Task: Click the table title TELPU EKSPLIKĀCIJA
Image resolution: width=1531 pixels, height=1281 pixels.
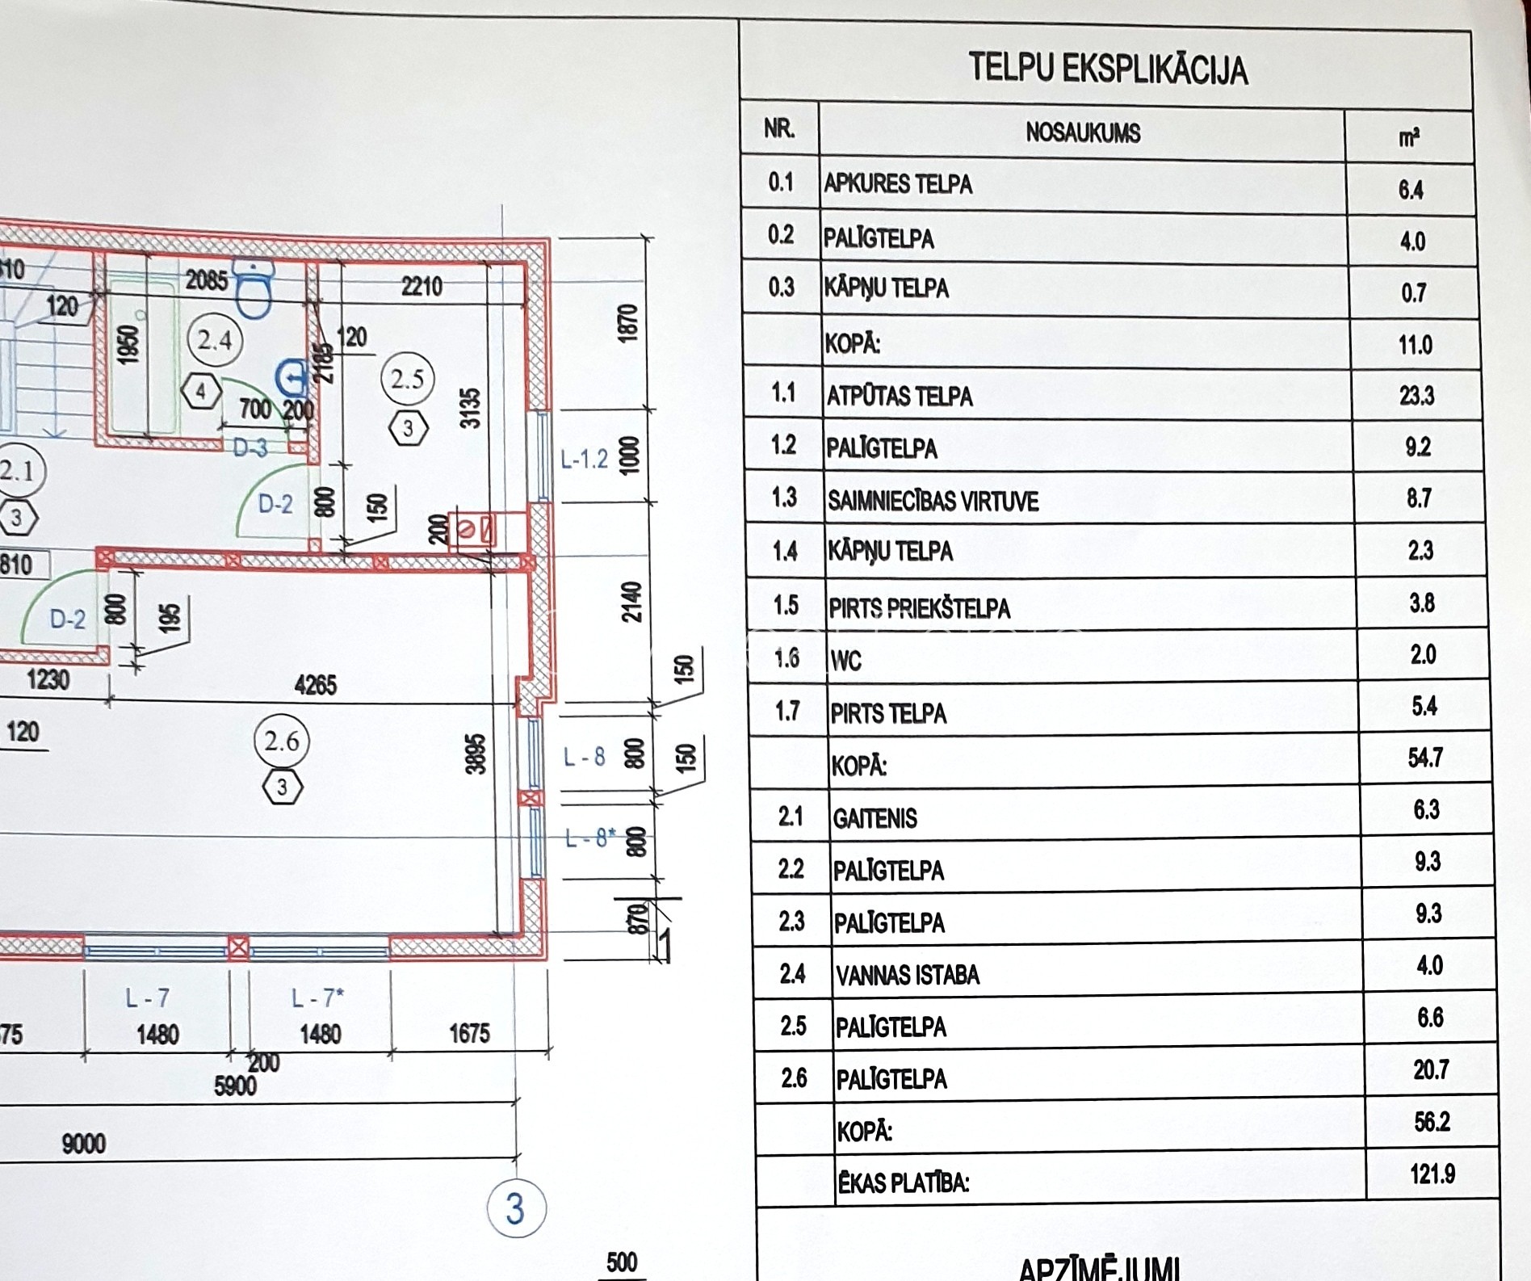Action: (x=1107, y=69)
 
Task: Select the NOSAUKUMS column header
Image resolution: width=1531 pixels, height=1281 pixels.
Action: (x=1083, y=133)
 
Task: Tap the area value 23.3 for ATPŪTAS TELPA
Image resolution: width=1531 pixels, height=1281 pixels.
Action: (x=1416, y=396)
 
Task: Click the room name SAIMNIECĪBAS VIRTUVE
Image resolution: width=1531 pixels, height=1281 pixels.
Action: (x=933, y=502)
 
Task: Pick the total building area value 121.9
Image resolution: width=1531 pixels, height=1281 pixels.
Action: (x=1432, y=1174)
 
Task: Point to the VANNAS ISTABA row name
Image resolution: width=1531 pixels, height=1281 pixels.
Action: (x=908, y=976)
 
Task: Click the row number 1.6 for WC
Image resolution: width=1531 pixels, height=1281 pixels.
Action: (x=786, y=658)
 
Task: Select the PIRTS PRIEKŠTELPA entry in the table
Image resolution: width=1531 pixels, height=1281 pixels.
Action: (x=919, y=608)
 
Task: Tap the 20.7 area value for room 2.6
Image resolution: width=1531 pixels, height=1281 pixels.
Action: (x=1430, y=1070)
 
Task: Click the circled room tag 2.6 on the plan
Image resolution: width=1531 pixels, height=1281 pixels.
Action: (x=281, y=741)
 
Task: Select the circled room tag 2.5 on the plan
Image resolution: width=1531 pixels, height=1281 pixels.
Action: (x=407, y=379)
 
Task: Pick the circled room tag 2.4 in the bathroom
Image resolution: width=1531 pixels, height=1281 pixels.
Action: (x=214, y=340)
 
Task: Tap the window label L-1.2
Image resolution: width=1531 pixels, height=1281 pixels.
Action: (x=584, y=460)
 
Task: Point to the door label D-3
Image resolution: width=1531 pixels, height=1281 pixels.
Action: (x=250, y=447)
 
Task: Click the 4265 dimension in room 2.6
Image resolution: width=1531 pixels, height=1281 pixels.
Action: (x=315, y=686)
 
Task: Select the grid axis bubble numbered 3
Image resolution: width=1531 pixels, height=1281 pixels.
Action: (x=516, y=1209)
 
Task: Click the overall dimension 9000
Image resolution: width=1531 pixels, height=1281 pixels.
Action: (x=83, y=1144)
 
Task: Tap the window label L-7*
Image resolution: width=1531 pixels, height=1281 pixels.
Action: (x=317, y=999)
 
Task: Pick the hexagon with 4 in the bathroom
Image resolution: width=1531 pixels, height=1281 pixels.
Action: (x=200, y=393)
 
